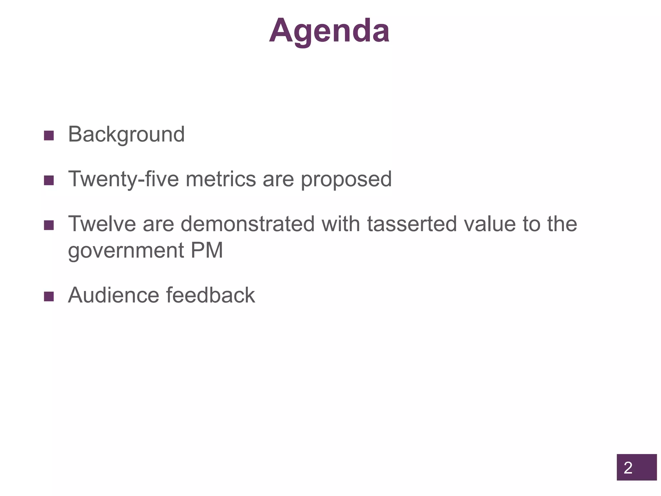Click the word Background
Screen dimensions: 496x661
126,134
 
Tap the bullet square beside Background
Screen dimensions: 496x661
49,136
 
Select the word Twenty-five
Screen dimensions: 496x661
123,179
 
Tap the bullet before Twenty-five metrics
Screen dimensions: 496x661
49,181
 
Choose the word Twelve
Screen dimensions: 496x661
102,224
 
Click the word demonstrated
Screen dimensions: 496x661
248,224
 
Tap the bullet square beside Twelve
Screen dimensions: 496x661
49,225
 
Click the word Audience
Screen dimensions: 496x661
113,295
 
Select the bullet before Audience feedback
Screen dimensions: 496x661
49,296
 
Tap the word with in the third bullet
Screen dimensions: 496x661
341,224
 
